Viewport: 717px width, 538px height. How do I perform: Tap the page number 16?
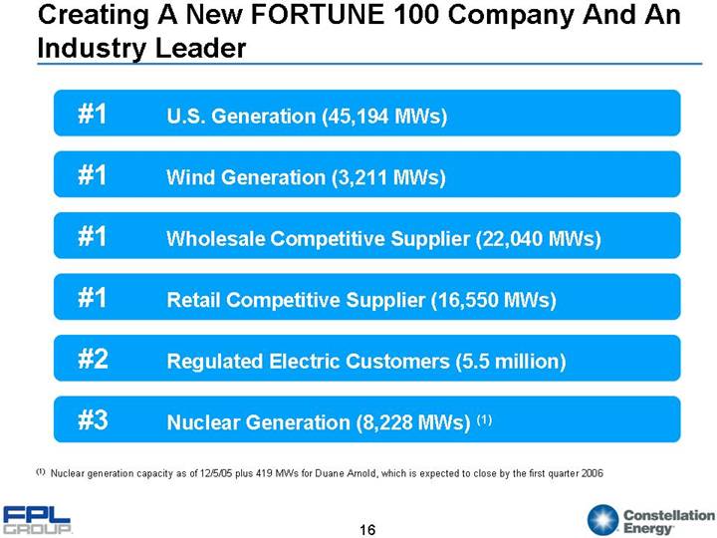(367, 528)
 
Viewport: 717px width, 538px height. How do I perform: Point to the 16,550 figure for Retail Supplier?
(468, 300)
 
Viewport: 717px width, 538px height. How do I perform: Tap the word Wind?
(188, 178)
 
